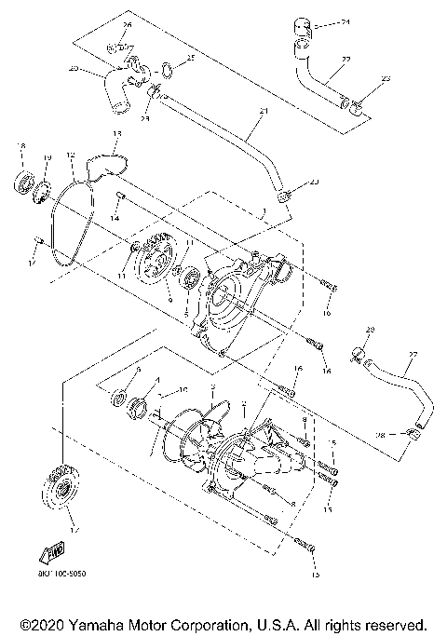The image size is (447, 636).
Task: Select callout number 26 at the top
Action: pyautogui.click(x=128, y=24)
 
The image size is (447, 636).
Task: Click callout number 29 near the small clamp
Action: pyautogui.click(x=370, y=331)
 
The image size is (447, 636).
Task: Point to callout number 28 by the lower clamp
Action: pyautogui.click(x=380, y=435)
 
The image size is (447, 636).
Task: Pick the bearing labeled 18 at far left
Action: pyautogui.click(x=23, y=179)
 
